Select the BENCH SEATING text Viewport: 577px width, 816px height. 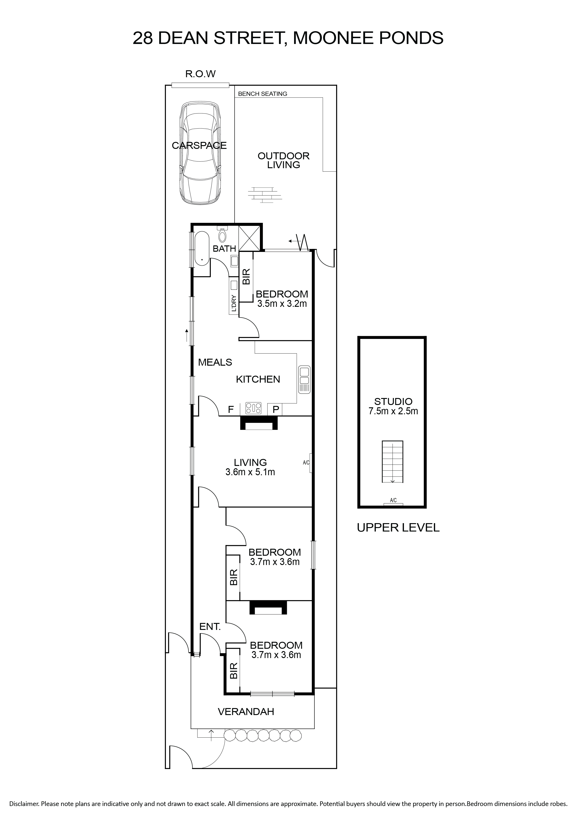262,94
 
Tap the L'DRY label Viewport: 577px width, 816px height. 234,303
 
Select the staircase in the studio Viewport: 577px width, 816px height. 393,462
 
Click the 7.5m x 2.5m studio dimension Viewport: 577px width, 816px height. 393,411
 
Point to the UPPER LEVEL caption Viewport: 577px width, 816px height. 398,527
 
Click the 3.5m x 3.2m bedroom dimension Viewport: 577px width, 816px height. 282,304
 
